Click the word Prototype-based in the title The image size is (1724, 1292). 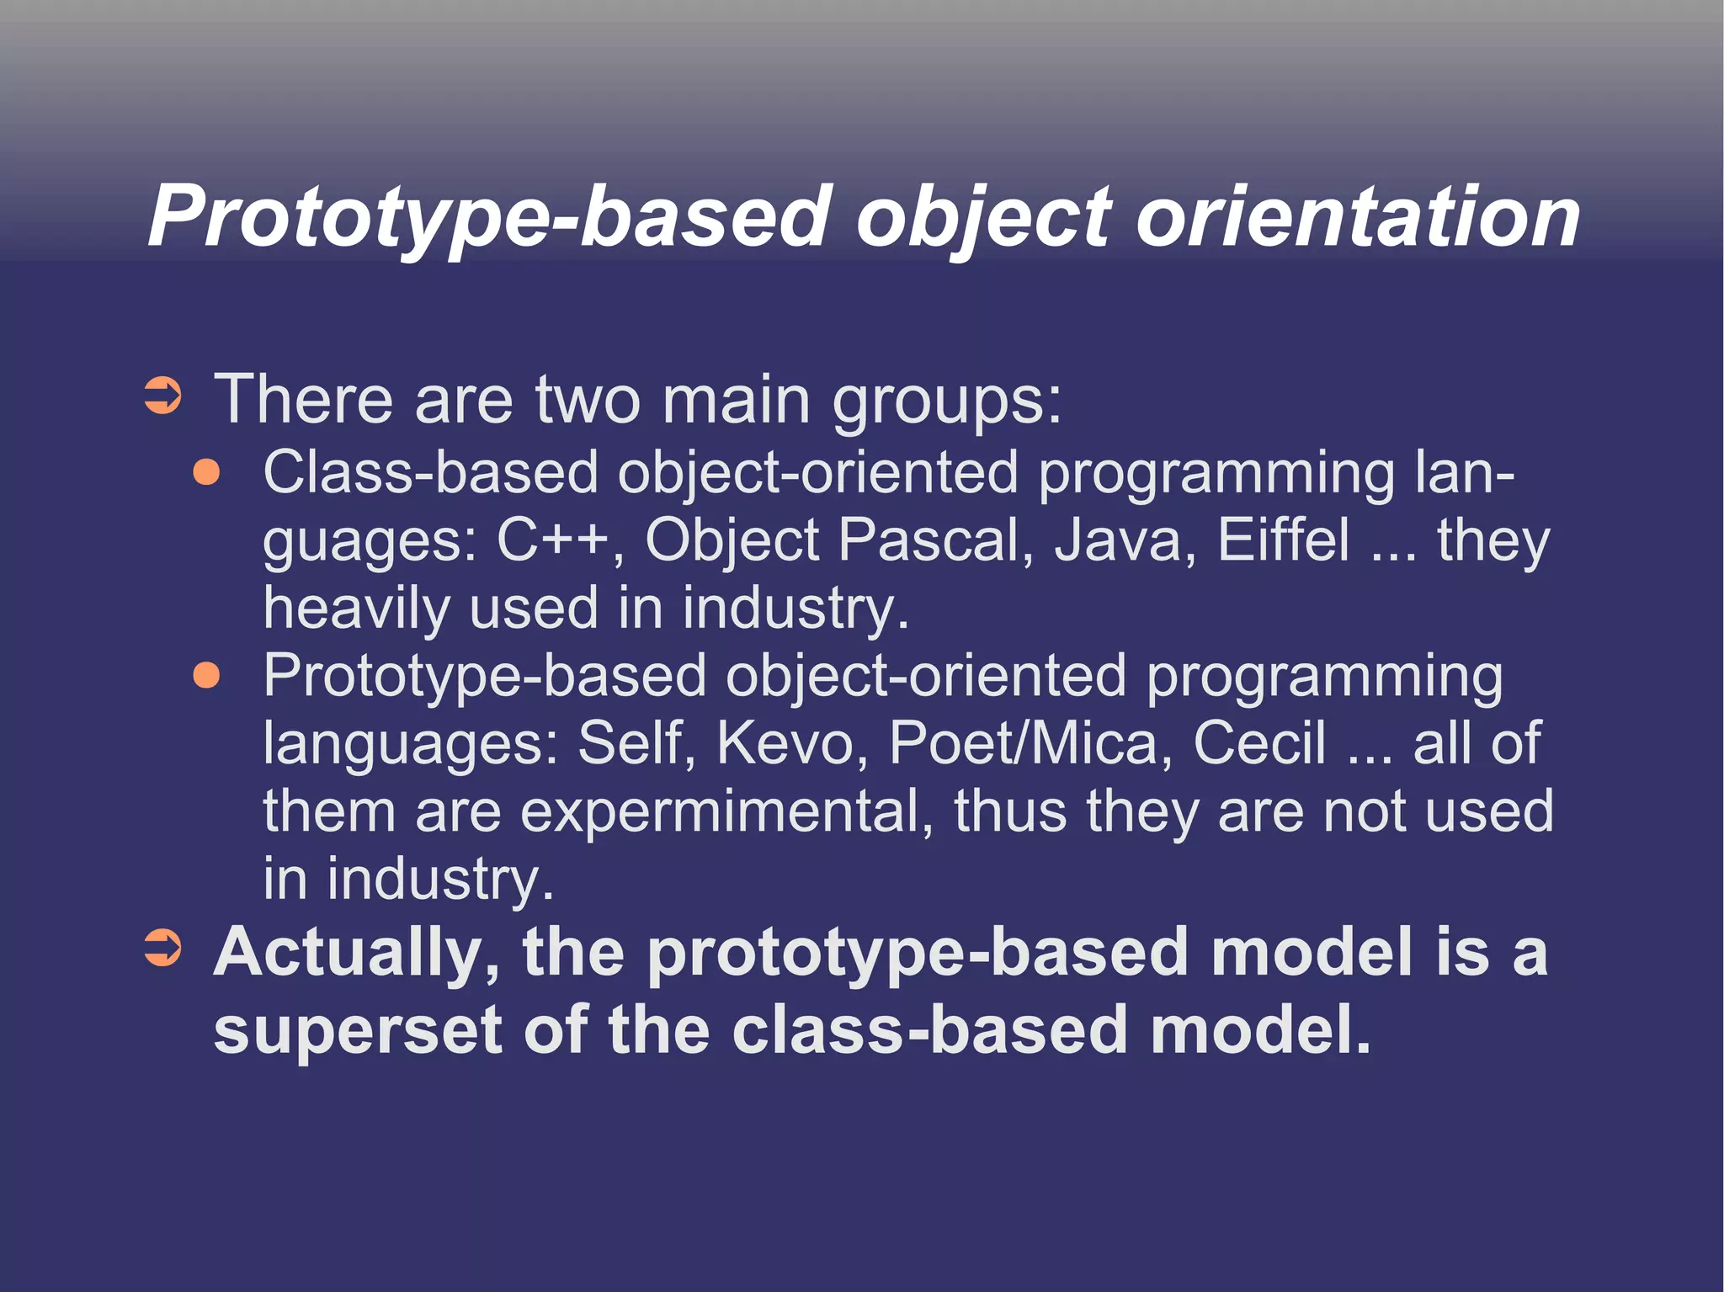[x=488, y=217]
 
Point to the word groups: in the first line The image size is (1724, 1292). [x=947, y=401]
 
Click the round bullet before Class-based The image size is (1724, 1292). [x=206, y=472]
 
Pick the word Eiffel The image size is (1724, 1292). [x=1283, y=540]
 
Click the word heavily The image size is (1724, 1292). [x=356, y=609]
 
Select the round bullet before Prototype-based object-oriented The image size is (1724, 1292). [x=206, y=675]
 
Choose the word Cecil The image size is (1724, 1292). [x=1259, y=742]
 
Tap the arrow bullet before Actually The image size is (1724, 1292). [x=162, y=949]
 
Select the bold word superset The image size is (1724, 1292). [x=358, y=1031]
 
